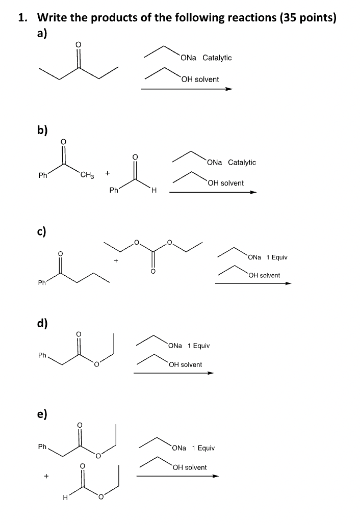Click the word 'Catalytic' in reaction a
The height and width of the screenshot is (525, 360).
point(217,58)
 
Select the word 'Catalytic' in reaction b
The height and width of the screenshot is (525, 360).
point(242,162)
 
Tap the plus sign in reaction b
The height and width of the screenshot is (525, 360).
point(107,173)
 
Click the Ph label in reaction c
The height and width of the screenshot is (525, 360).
point(42,284)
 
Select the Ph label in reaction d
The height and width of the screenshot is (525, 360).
point(43,356)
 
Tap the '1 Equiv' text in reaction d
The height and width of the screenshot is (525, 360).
point(199,346)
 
